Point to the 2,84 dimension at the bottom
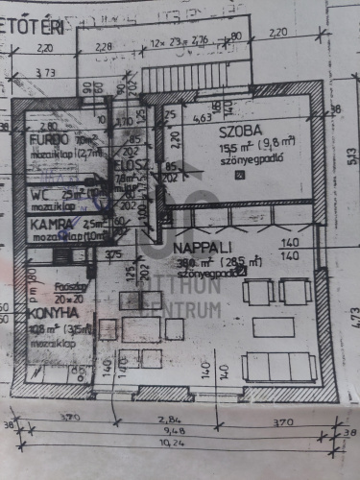click(x=169, y=420)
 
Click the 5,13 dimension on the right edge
click(x=351, y=158)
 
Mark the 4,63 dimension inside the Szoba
click(x=201, y=118)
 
